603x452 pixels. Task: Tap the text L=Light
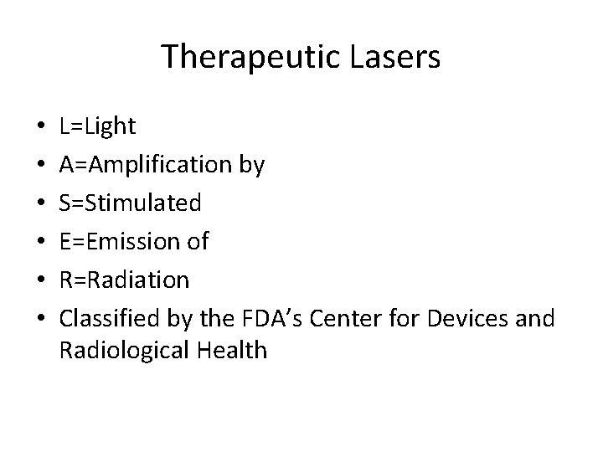pyautogui.click(x=98, y=127)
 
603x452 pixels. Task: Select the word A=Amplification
pyautogui.click(x=146, y=165)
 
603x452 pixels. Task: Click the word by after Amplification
pyautogui.click(x=252, y=165)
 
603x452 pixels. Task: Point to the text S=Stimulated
pyautogui.click(x=130, y=203)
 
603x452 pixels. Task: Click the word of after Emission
pyautogui.click(x=198, y=241)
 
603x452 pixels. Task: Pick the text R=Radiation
pyautogui.click(x=125, y=279)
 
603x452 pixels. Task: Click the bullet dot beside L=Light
pyautogui.click(x=41, y=128)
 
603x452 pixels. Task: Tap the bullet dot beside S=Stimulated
pyautogui.click(x=41, y=203)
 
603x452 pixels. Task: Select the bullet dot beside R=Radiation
pyautogui.click(x=41, y=280)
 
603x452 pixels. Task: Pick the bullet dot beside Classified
pyautogui.click(x=41, y=318)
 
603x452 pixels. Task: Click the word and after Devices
pyautogui.click(x=536, y=317)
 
